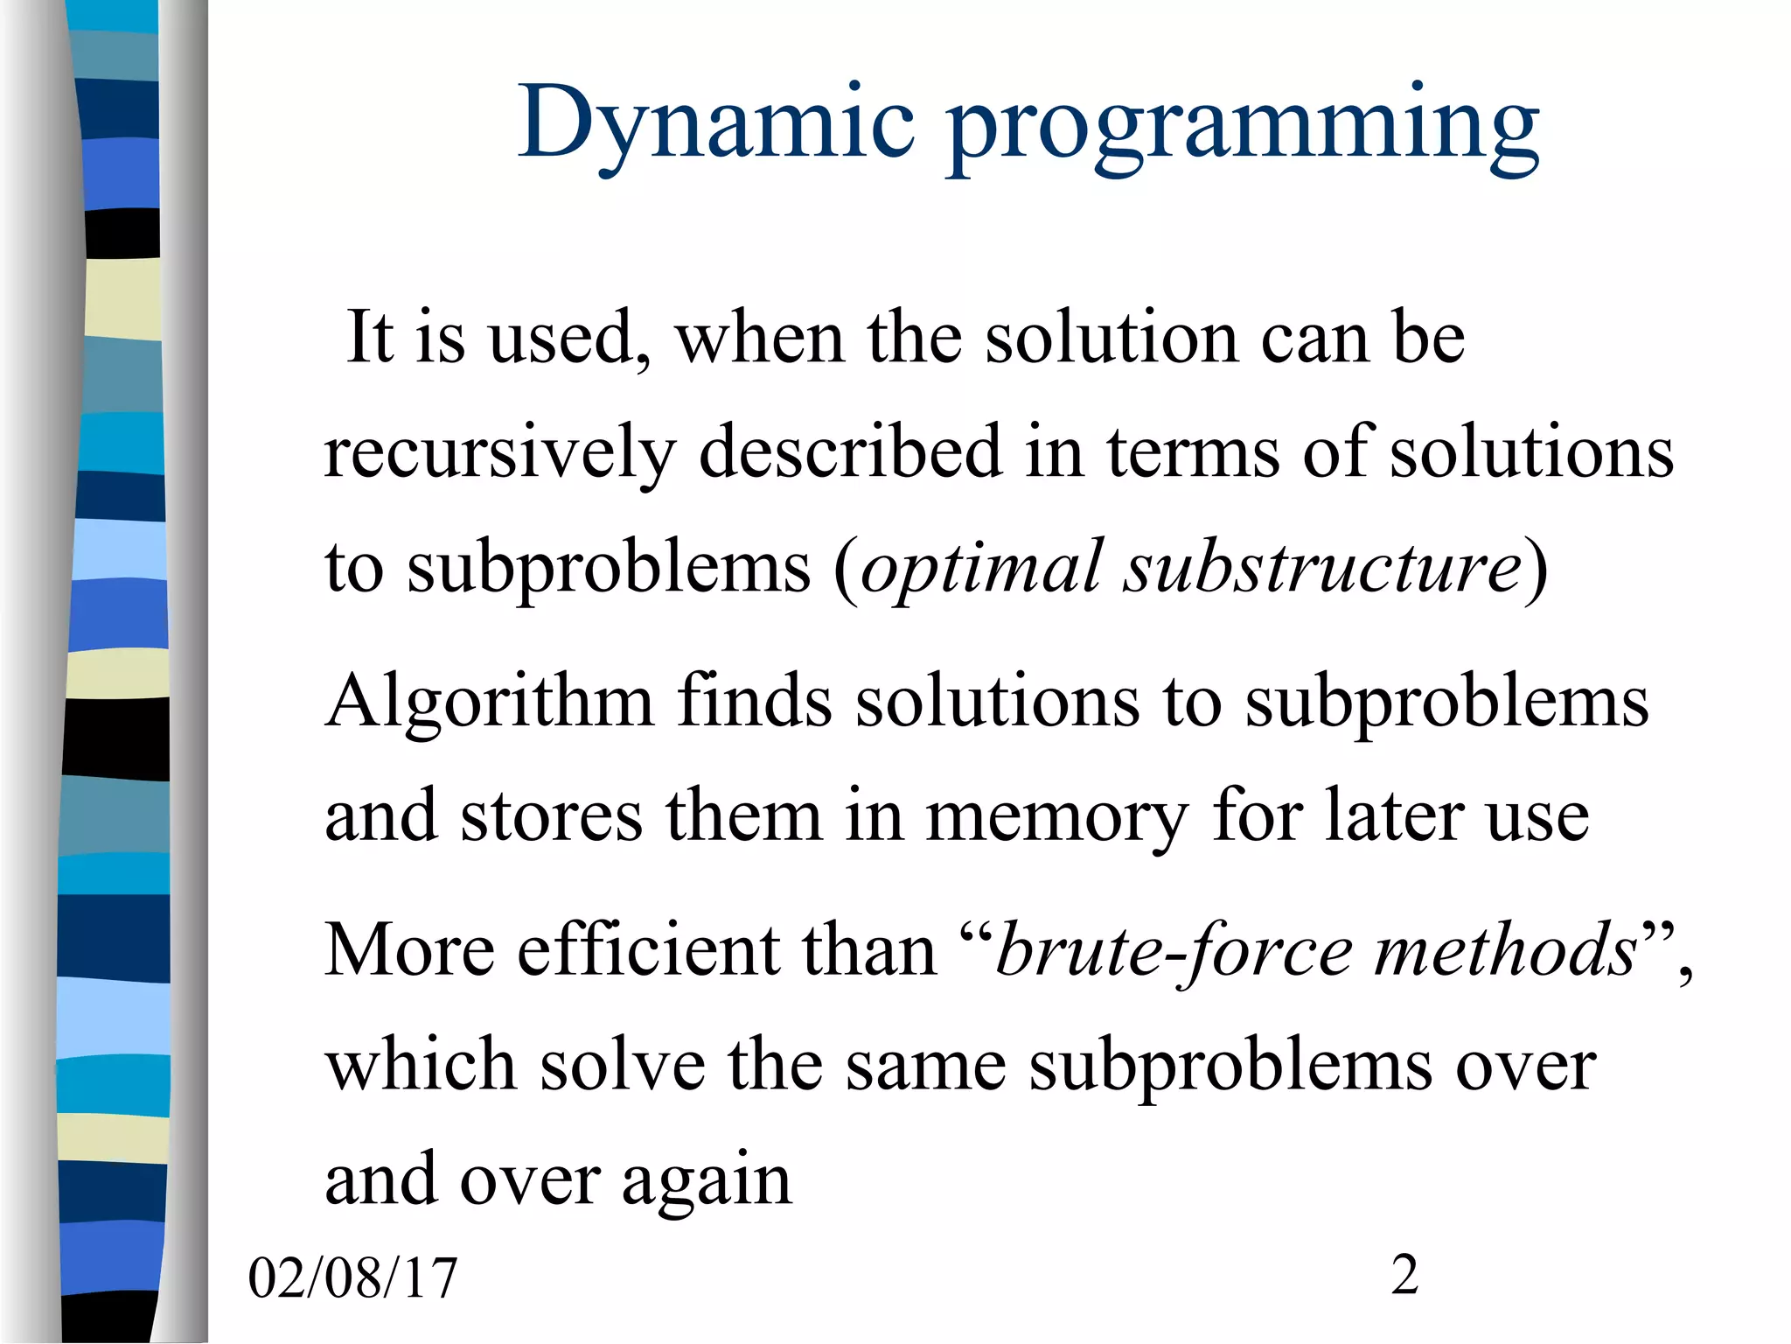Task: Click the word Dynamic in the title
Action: tap(716, 122)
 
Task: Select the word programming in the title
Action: tap(1243, 127)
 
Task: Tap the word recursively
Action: tap(499, 453)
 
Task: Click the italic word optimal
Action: tap(980, 570)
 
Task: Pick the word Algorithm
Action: tap(489, 704)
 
